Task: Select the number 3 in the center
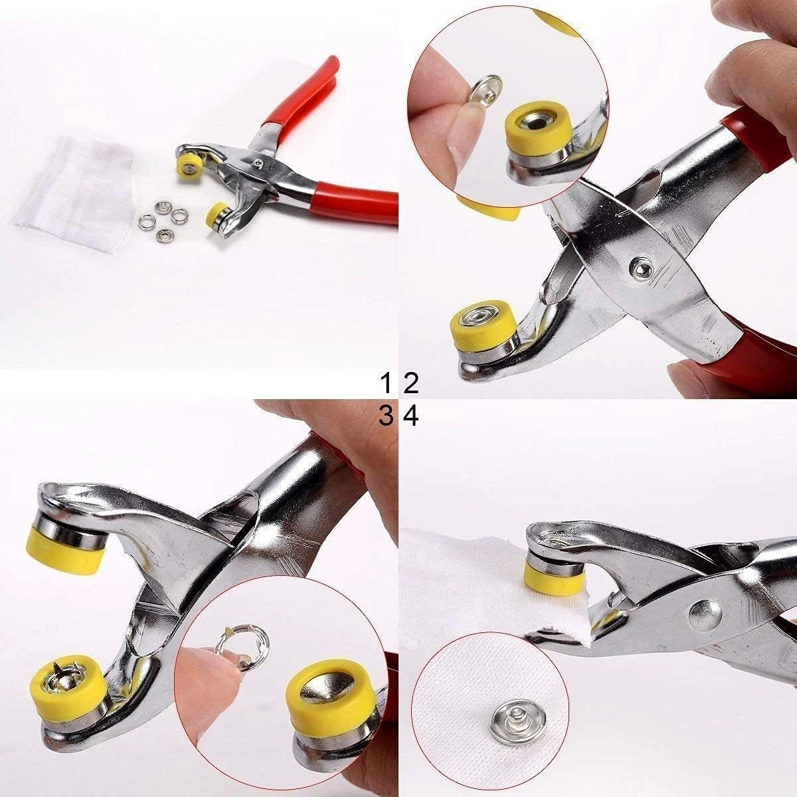386,416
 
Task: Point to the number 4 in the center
411,416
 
